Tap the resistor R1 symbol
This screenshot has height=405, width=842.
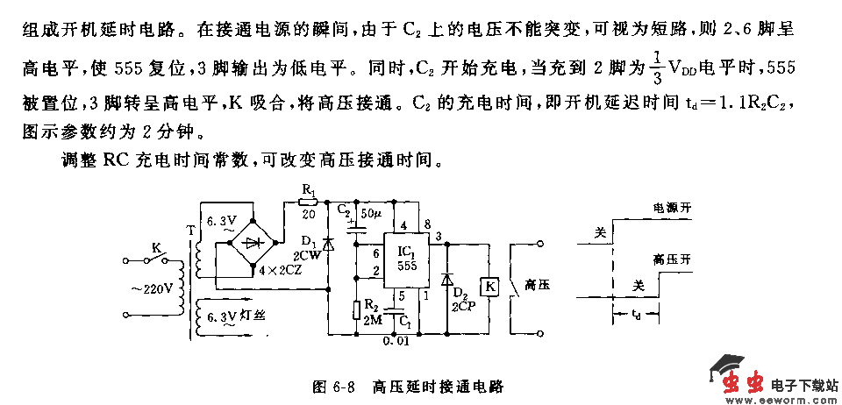(x=308, y=201)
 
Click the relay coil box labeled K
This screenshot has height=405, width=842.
(x=490, y=285)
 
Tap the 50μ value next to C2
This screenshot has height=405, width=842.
(x=371, y=213)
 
